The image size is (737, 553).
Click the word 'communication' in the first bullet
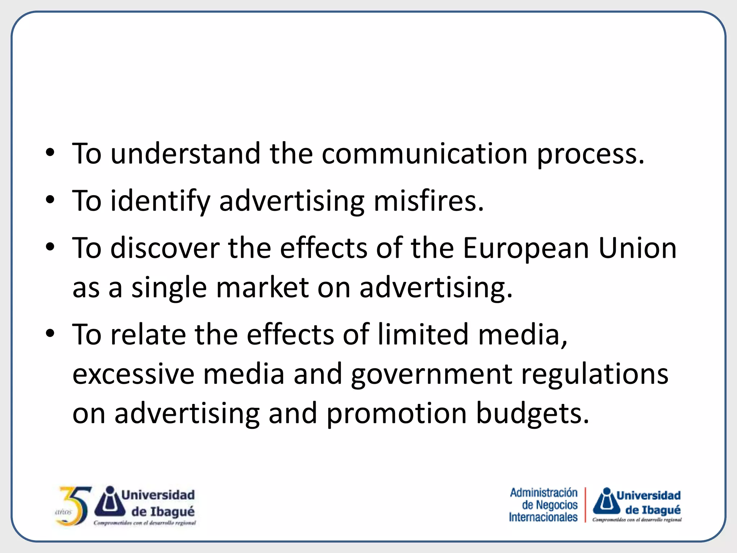(425, 154)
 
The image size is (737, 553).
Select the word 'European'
(526, 248)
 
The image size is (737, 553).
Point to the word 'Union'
(637, 248)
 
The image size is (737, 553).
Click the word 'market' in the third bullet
(262, 288)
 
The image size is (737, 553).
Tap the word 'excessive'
(134, 374)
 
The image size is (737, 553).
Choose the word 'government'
(431, 375)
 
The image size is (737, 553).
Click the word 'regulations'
(594, 374)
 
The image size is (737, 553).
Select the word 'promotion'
(397, 414)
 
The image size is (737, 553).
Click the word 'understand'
(185, 154)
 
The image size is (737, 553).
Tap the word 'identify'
(160, 201)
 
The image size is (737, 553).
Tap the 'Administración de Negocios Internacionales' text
(543, 505)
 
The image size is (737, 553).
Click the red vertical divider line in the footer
(585, 505)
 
